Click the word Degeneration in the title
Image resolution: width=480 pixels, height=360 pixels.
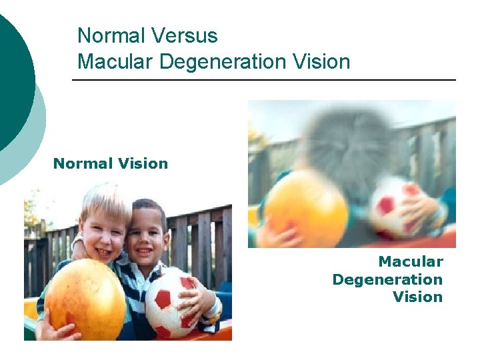[224, 62]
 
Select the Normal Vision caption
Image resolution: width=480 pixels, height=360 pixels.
[111, 163]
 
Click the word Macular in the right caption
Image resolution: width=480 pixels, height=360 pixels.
[411, 262]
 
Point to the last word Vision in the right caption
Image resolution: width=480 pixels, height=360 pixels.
[418, 297]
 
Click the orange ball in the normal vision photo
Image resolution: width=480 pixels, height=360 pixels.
[85, 299]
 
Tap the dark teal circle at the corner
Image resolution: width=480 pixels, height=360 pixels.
[12, 73]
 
